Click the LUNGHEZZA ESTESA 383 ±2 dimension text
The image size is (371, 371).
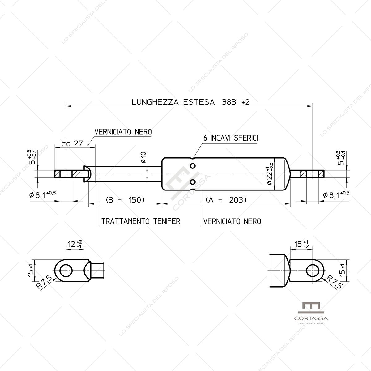(190, 102)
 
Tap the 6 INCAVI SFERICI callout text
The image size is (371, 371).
(230, 138)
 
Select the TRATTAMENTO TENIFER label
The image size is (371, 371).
(141, 221)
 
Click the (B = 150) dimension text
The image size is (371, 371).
(125, 200)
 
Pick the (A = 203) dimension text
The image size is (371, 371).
(226, 200)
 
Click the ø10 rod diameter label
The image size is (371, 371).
(143, 157)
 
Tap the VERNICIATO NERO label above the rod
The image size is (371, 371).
(123, 132)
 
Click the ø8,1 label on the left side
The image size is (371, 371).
(42, 194)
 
